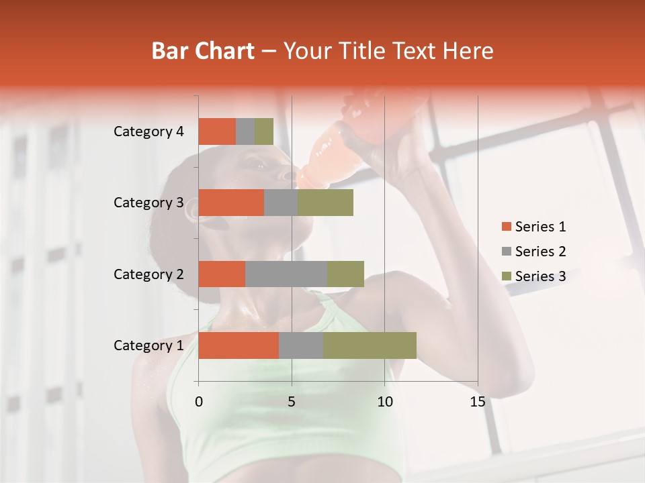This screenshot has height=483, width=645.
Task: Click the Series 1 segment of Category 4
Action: (x=217, y=131)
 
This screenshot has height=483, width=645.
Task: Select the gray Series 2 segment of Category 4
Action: (x=245, y=131)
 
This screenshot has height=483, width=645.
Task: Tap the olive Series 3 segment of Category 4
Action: (x=264, y=131)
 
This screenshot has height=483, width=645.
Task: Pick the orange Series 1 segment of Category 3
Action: (x=231, y=203)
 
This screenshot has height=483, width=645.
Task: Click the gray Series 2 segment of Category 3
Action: (x=281, y=203)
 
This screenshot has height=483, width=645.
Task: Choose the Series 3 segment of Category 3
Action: (x=325, y=203)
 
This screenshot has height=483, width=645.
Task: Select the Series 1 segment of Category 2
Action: (x=222, y=274)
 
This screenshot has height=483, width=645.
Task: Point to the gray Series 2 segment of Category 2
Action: (x=286, y=274)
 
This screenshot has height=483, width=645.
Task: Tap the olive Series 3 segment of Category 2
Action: (x=345, y=274)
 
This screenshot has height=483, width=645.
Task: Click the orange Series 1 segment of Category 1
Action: (x=239, y=345)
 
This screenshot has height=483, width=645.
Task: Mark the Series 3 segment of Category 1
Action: (x=370, y=345)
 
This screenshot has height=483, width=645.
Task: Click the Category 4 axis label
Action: (x=148, y=131)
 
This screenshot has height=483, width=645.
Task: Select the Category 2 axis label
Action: (x=148, y=274)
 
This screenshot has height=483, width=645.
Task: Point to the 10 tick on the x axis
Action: (x=384, y=402)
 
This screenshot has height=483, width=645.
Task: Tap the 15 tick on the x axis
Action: (x=478, y=402)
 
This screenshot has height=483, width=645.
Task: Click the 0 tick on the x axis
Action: (x=199, y=402)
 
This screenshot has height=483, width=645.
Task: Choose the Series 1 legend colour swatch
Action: (x=506, y=227)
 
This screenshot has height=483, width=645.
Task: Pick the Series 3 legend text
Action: (x=540, y=276)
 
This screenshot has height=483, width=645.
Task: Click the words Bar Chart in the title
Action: (x=202, y=51)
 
